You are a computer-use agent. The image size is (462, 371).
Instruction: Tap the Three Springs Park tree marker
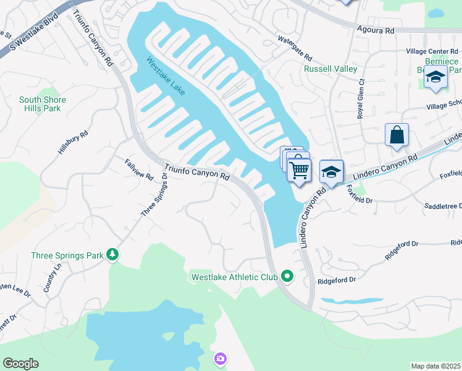tap(112, 254)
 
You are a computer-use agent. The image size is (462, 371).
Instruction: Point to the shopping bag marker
tap(396, 135)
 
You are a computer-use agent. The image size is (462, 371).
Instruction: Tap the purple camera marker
tap(220, 359)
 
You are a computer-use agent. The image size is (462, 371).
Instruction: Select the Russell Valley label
tap(330, 69)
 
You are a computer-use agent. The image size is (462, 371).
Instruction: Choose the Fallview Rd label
tap(139, 169)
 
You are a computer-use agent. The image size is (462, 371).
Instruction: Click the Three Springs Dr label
tap(154, 194)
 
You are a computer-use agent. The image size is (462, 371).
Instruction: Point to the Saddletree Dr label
tap(443, 205)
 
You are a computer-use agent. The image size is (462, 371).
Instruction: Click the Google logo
tap(21, 364)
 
